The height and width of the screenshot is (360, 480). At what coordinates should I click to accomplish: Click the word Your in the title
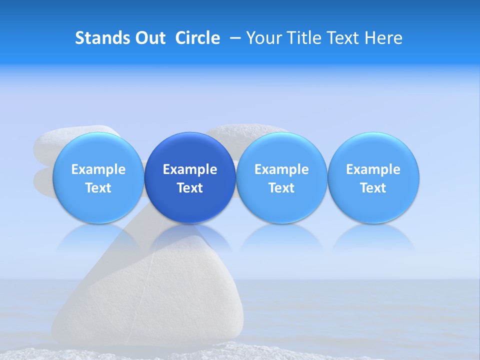[x=263, y=38]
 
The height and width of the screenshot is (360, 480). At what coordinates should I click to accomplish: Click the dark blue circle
[x=190, y=177]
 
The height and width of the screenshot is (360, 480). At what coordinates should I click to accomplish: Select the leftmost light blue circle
[x=98, y=177]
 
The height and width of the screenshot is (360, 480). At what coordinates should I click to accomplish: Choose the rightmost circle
[x=373, y=177]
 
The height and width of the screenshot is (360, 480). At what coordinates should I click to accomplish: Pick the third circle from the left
[x=281, y=177]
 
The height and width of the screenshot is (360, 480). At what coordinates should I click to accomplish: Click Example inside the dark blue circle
[x=190, y=169]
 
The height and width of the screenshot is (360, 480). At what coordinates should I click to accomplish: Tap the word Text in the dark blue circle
[x=190, y=188]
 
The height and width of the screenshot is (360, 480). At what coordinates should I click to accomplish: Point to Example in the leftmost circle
[x=98, y=169]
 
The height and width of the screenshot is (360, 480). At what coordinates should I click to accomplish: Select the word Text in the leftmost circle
[x=98, y=188]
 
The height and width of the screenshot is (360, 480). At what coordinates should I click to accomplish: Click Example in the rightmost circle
[x=373, y=169]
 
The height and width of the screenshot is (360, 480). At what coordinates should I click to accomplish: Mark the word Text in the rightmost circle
[x=373, y=188]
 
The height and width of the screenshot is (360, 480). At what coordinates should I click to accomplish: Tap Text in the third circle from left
[x=281, y=188]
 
